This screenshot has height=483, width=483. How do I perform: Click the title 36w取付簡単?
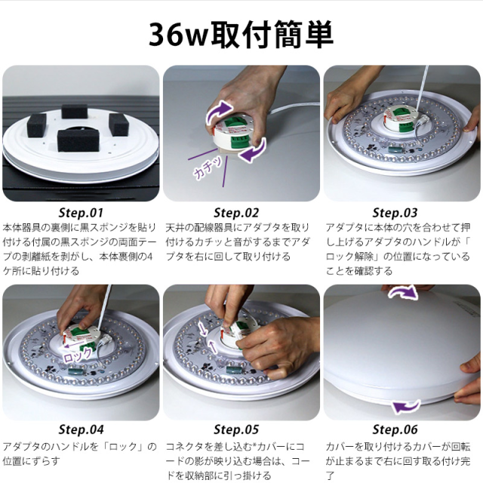point(241,35)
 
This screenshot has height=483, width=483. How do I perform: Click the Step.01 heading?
point(81,213)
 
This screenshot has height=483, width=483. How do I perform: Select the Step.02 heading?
point(236,213)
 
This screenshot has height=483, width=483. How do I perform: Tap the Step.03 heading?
point(395,213)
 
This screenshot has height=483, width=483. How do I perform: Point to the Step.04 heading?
point(81,429)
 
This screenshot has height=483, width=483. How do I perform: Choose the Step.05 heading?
point(236,429)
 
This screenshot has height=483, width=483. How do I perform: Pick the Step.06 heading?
point(395,429)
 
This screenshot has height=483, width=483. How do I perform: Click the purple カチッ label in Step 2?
point(208,168)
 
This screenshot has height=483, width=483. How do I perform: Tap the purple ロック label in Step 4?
point(78,355)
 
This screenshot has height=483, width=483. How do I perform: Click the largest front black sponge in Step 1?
point(78,140)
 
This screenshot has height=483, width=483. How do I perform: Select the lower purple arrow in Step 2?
point(253,151)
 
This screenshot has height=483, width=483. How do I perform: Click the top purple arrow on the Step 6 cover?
point(403,293)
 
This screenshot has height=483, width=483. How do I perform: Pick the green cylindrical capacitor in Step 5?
point(234,371)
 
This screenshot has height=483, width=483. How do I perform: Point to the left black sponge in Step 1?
point(37,125)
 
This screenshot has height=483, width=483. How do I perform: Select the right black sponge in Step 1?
point(119,124)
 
